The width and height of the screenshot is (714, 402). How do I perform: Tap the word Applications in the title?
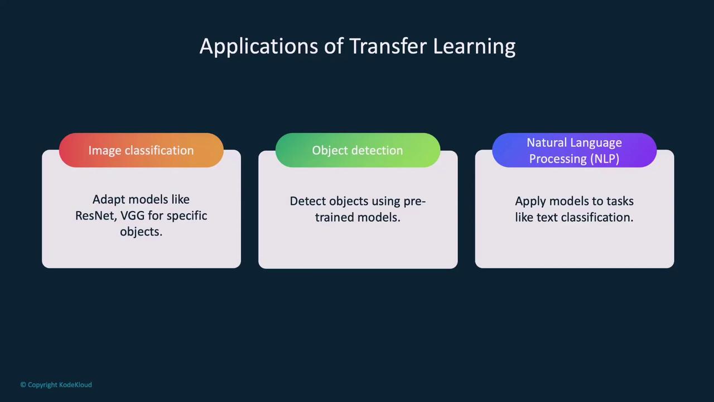259,46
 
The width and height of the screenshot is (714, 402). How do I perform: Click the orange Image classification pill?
141,150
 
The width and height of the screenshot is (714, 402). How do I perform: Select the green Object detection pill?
358,150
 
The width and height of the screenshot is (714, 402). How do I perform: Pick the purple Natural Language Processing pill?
574,150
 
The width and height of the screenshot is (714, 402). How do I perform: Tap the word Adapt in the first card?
108,199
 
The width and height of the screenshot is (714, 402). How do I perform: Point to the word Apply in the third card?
530,201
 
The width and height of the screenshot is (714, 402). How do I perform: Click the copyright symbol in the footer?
23,385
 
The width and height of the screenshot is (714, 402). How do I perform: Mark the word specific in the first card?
186,216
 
